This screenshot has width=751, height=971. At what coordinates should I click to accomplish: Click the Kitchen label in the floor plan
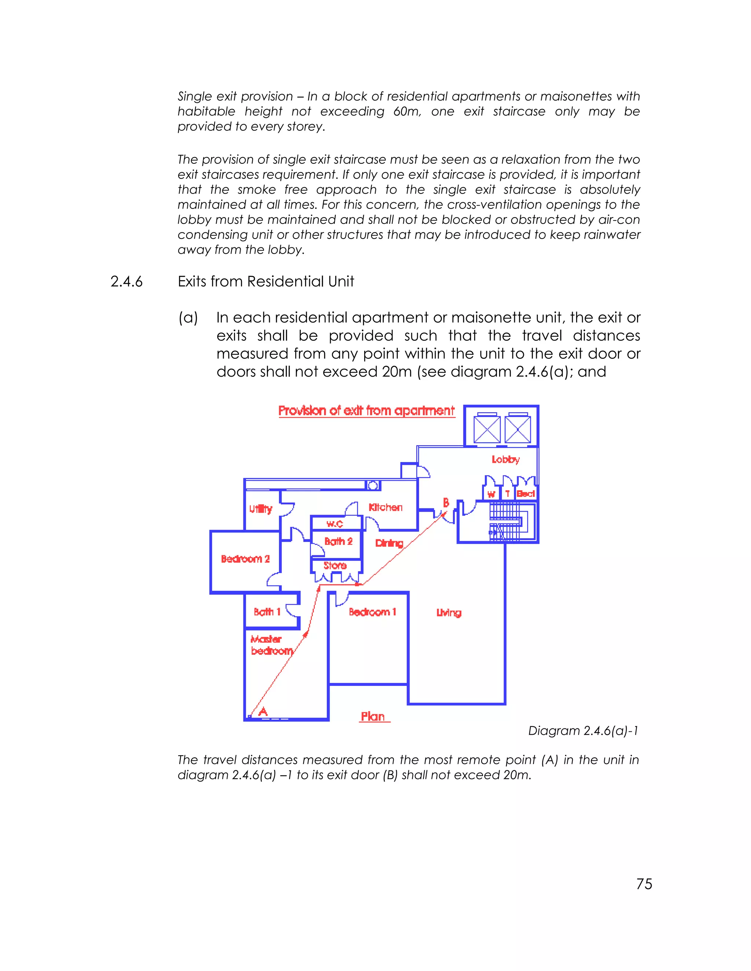(x=385, y=507)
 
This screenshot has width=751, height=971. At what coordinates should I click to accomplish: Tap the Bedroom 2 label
(x=245, y=559)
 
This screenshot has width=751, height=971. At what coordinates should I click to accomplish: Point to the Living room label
(x=448, y=613)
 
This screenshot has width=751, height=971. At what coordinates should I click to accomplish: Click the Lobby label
(x=505, y=459)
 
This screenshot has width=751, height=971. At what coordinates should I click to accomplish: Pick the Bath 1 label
(x=267, y=612)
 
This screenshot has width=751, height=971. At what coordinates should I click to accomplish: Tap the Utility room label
(x=261, y=509)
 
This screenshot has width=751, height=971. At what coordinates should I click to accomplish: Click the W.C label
(x=334, y=524)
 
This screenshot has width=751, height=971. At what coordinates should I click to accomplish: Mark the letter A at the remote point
(x=263, y=712)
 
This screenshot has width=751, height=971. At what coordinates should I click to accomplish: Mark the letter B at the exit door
(x=446, y=503)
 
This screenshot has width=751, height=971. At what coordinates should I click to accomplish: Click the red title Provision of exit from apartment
(x=366, y=410)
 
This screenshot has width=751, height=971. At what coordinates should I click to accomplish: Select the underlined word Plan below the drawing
(x=373, y=716)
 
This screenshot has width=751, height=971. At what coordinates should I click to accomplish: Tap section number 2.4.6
(x=127, y=281)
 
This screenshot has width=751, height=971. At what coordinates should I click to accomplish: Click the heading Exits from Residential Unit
(x=265, y=281)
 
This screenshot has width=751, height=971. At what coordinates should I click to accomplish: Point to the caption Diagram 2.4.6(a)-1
(x=583, y=731)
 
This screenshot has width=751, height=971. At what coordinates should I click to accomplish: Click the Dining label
(x=389, y=543)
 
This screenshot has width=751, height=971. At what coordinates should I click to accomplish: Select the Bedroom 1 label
(x=373, y=612)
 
